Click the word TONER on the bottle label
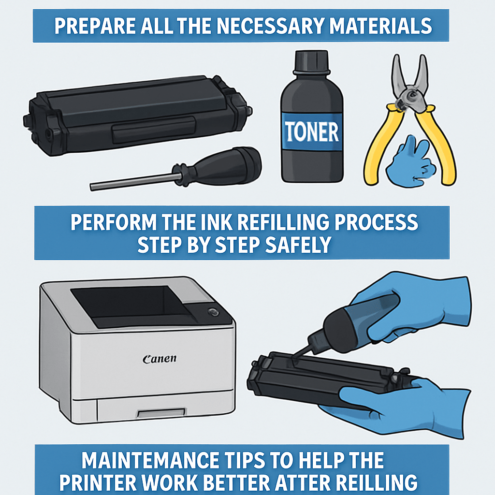tap(312, 131)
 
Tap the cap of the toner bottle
tap(311, 62)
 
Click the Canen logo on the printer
tap(160, 359)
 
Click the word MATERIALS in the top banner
tap(381, 26)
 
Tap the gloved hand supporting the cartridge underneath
tap(394, 408)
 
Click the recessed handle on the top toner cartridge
tap(154, 130)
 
